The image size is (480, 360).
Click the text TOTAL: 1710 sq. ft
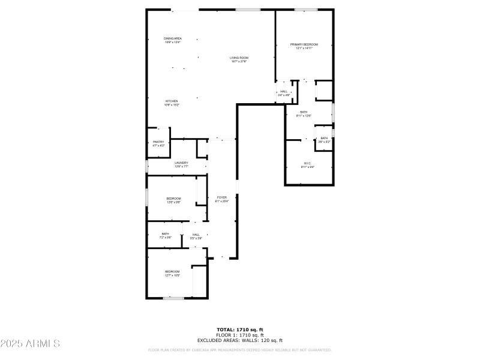coord(240,329)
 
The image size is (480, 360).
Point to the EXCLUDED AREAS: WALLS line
coord(240,340)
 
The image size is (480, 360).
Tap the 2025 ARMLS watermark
coord(30,344)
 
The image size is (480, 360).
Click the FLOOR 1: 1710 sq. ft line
coord(240,335)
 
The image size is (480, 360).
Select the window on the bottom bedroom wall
coord(173,298)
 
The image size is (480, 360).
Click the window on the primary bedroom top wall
coord(306,10)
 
